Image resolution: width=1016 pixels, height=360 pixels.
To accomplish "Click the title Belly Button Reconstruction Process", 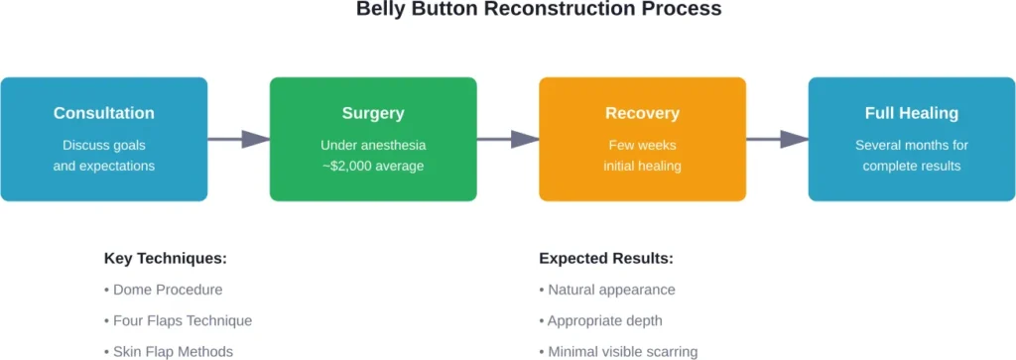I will click(x=539, y=10).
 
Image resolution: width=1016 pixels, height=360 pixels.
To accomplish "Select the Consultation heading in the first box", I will click(x=104, y=113).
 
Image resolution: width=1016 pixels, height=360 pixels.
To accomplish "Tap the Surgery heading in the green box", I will click(x=373, y=113).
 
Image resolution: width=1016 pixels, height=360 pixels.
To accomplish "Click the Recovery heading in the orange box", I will click(x=642, y=113).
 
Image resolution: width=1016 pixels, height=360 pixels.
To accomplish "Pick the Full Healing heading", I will click(x=911, y=113).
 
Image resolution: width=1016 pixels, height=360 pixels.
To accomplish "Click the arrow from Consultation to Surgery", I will click(x=239, y=139).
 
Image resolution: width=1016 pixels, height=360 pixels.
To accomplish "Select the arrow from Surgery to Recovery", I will click(x=508, y=139).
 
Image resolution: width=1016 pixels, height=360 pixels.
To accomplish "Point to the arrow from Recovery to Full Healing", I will click(x=777, y=139).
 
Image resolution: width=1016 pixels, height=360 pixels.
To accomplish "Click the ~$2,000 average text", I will click(x=373, y=166).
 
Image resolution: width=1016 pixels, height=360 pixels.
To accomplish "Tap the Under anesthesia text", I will click(x=373, y=145).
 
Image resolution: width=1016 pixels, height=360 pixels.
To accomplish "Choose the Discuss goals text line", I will click(x=104, y=145).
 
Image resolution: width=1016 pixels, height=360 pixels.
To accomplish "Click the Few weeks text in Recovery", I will click(x=642, y=145).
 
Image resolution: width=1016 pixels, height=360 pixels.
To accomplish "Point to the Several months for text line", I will click(x=911, y=145).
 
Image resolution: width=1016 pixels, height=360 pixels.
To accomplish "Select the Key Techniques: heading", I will click(x=166, y=259).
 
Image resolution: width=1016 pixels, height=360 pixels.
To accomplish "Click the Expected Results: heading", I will click(x=606, y=259).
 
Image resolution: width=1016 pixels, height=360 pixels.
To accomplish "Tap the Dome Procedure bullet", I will click(x=163, y=290).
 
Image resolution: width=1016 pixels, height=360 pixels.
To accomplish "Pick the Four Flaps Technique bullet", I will click(x=178, y=320).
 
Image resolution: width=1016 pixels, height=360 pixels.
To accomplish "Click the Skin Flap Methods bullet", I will click(x=170, y=351).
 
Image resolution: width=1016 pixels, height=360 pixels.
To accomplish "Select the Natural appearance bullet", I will click(x=607, y=290).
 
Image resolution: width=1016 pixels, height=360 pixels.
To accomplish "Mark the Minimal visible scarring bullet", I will click(x=618, y=351).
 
